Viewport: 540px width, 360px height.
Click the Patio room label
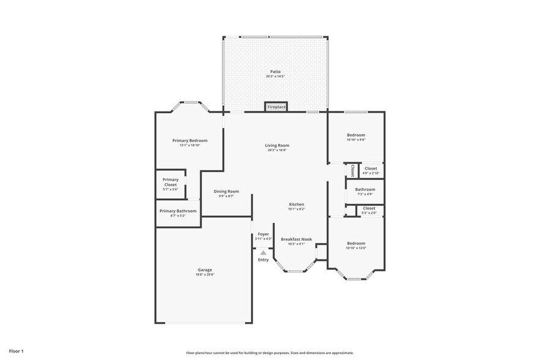[275, 72]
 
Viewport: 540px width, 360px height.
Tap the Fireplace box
[276, 107]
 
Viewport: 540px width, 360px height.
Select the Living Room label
[277, 146]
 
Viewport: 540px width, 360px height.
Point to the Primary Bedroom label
[189, 140]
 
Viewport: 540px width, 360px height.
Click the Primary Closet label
[170, 182]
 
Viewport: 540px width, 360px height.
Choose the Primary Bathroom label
[178, 211]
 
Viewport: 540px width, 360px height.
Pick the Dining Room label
[226, 192]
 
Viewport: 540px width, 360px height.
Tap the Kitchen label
[296, 204]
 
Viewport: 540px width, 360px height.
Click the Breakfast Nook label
[296, 239]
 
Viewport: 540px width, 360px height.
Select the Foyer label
[263, 234]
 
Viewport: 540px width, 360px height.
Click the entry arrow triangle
[263, 252]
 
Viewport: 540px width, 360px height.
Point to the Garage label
[204, 269]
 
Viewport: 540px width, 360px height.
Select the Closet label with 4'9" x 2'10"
[370, 168]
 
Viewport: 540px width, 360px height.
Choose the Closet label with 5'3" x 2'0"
[369, 208]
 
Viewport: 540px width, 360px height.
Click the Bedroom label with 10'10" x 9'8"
[356, 135]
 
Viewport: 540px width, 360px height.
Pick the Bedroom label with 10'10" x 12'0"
[356, 243]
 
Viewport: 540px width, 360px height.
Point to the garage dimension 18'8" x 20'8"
[204, 274]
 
